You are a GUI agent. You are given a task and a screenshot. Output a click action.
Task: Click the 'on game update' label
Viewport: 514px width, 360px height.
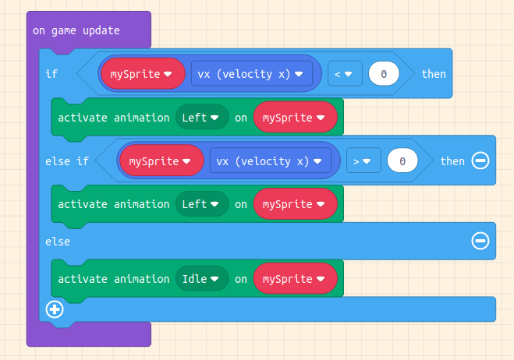(76, 31)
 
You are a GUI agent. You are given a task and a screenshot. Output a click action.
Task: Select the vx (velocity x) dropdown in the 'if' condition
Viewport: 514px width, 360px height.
(252, 74)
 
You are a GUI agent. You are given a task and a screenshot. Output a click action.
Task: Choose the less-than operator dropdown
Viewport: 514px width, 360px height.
(343, 74)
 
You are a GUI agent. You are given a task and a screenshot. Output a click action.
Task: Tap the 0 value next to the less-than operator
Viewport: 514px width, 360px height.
(383, 74)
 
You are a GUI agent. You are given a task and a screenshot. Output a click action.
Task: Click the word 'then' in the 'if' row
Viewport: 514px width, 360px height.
(434, 74)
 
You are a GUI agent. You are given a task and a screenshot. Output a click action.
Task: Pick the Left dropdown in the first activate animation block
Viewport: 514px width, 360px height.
(202, 118)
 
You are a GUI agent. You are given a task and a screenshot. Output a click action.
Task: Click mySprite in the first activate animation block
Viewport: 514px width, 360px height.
(296, 118)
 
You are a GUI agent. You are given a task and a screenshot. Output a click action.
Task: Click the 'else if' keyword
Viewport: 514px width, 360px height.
(67, 161)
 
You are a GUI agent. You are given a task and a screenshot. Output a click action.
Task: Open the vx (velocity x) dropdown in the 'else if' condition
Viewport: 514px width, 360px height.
(271, 161)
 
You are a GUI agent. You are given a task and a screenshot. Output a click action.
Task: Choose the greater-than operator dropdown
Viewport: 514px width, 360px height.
(362, 161)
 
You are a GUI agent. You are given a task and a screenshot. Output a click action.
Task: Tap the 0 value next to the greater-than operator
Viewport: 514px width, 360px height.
(402, 161)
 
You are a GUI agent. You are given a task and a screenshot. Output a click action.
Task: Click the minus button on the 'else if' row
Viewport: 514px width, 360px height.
(480, 161)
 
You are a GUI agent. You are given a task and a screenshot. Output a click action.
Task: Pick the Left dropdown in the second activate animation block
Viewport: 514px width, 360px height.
(202, 204)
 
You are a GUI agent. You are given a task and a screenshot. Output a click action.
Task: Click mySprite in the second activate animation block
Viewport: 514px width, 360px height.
(296, 204)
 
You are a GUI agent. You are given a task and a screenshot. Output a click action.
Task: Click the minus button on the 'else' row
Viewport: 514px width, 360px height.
(480, 242)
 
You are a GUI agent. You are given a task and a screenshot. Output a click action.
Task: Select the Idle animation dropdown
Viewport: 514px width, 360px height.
(202, 279)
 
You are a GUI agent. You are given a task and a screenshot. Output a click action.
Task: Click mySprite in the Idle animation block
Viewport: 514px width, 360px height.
(296, 279)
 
